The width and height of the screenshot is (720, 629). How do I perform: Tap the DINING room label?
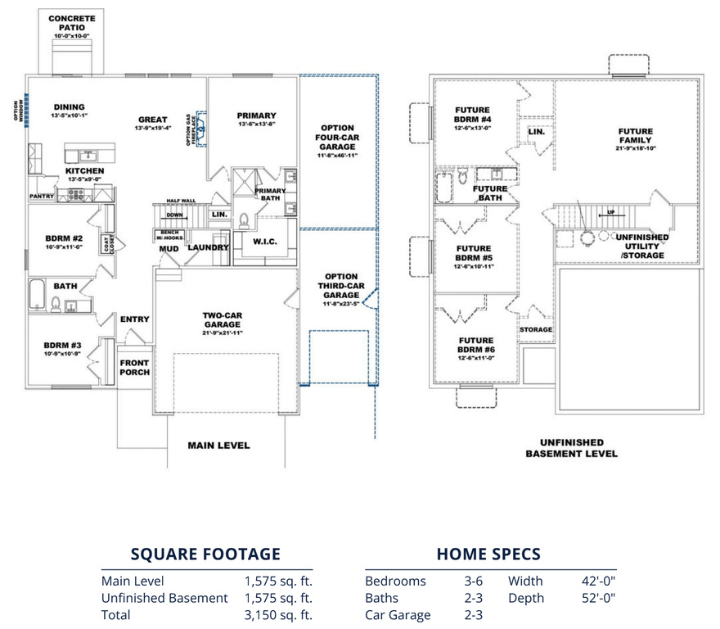(x=70, y=107)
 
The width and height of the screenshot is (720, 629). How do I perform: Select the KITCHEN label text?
(x=84, y=170)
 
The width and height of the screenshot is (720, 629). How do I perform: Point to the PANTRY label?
(x=41, y=197)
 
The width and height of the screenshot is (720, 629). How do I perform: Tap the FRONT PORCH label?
(x=135, y=367)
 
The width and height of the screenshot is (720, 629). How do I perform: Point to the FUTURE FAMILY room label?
(x=636, y=136)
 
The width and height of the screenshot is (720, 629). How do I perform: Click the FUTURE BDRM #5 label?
(x=475, y=253)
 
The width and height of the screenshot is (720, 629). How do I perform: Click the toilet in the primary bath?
(x=243, y=219)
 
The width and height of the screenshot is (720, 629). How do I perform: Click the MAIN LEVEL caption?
(x=218, y=446)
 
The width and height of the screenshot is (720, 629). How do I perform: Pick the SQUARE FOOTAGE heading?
(x=206, y=554)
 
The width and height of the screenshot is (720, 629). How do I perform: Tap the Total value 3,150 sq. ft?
(x=278, y=615)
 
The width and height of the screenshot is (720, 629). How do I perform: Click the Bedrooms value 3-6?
(x=473, y=581)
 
